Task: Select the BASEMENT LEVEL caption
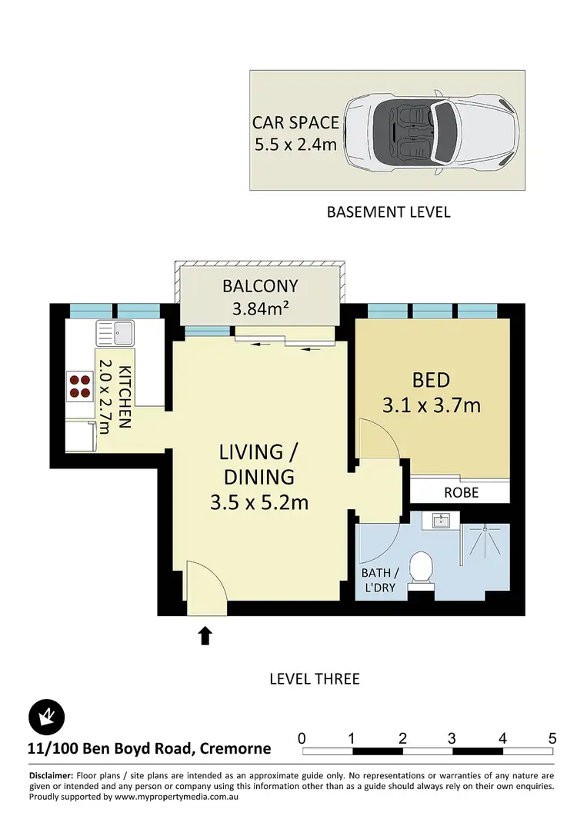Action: (389, 211)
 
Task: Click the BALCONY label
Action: (259, 286)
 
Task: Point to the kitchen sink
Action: (115, 334)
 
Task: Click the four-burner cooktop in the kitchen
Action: (78, 385)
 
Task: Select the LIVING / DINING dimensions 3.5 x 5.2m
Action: (259, 502)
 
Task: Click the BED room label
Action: (431, 379)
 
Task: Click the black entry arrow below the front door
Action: (205, 635)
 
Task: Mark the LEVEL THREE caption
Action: (314, 679)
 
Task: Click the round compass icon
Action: (46, 717)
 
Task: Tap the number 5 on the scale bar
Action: (552, 738)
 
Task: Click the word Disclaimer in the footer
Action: (51, 775)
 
